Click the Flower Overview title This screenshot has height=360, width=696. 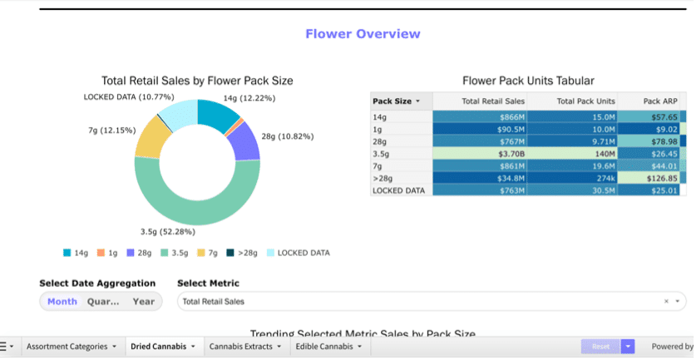point(363,34)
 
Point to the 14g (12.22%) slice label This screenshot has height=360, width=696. point(249,98)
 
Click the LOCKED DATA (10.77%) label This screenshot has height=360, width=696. point(129,97)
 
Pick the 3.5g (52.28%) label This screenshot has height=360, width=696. point(181,231)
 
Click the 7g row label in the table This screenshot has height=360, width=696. point(378,165)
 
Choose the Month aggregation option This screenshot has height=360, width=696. point(62,302)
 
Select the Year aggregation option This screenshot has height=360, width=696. point(143,302)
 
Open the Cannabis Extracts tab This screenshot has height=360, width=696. point(244,347)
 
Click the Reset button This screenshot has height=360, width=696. point(600,347)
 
